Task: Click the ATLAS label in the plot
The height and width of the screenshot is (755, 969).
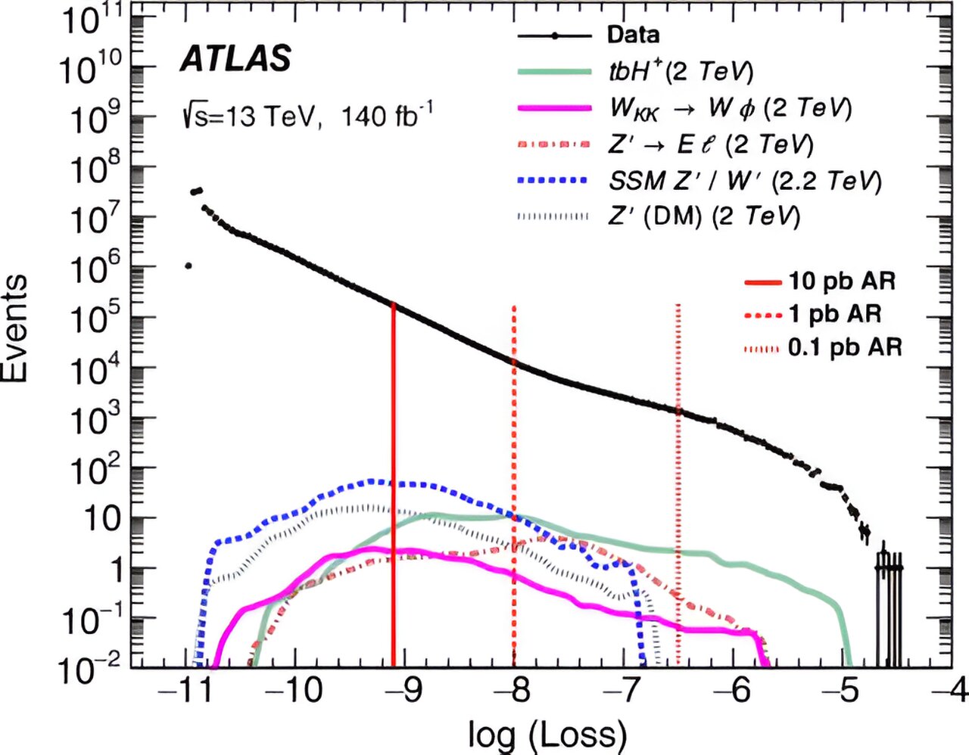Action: [235, 59]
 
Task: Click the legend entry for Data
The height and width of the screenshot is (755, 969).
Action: [632, 35]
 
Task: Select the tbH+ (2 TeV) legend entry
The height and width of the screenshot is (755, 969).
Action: [681, 71]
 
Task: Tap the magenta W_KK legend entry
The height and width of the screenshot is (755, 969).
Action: [731, 107]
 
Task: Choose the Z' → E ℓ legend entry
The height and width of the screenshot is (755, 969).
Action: [711, 144]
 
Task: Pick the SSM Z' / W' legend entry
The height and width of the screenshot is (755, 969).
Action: [745, 181]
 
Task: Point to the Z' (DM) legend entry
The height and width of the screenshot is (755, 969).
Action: [703, 216]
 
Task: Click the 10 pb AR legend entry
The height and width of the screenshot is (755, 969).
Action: [841, 281]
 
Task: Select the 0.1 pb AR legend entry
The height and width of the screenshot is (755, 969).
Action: [845, 347]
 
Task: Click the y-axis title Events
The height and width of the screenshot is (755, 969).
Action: [17, 328]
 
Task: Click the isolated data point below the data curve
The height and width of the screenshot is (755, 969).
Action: [188, 266]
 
